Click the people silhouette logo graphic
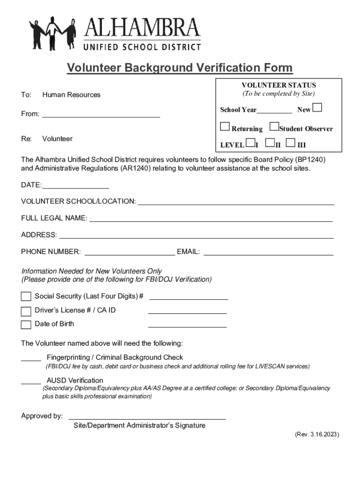(53, 33)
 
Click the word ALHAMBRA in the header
(142, 29)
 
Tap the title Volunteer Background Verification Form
(180, 68)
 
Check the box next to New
(317, 109)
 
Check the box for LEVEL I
(251, 143)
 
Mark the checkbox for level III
(291, 143)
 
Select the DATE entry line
(75, 188)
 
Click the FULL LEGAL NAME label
(54, 218)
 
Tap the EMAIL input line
(268, 254)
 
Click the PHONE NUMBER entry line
(129, 254)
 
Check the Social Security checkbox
(26, 297)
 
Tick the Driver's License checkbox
(26, 311)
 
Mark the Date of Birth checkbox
(26, 325)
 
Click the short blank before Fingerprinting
(31, 360)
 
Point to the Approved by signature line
(147, 418)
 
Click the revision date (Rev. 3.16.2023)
(317, 435)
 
